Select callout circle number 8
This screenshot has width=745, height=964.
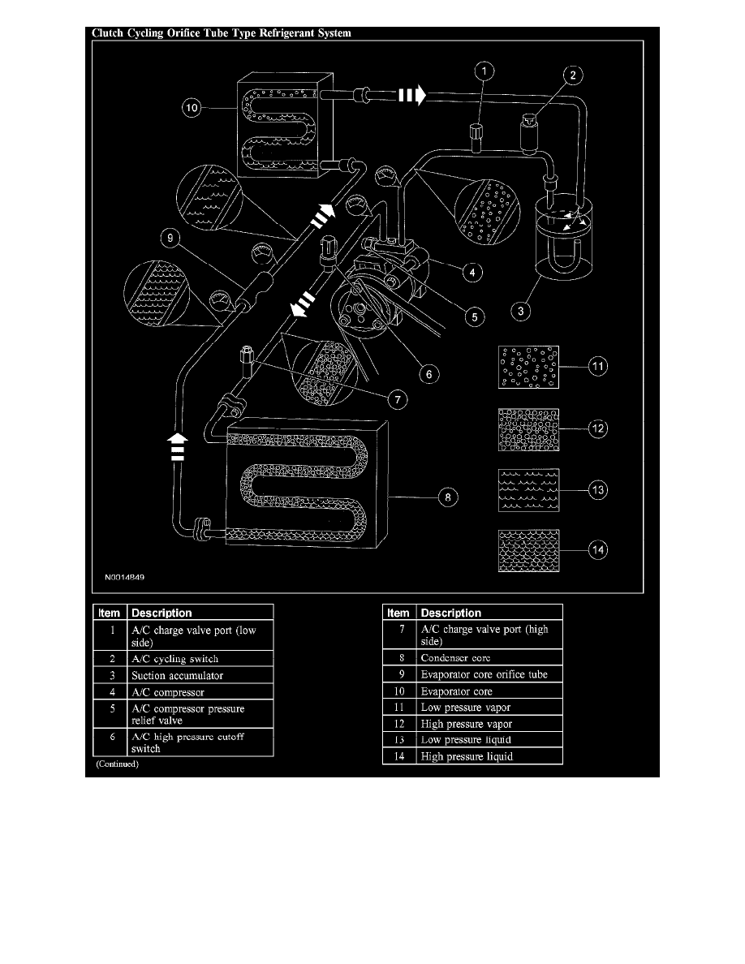coord(446,497)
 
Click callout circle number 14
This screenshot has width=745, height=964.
coord(598,551)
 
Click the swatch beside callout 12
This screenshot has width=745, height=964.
coord(528,429)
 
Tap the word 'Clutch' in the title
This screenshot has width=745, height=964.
coord(108,33)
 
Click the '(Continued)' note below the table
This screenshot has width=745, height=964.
coord(117,764)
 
